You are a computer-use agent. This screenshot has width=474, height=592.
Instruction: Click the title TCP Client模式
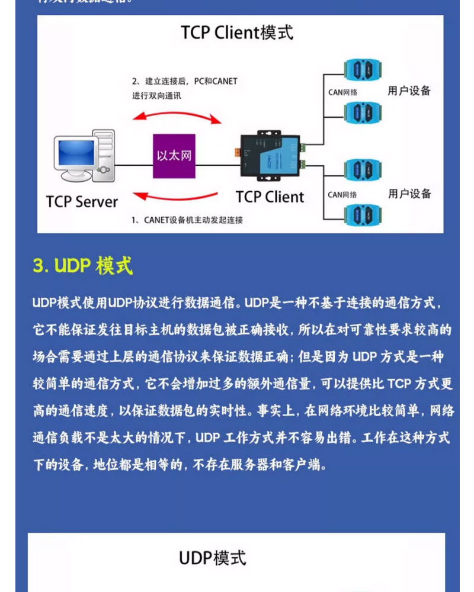tap(237, 32)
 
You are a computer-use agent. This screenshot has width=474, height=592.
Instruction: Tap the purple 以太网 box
tap(174, 156)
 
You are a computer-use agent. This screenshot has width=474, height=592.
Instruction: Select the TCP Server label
tap(82, 201)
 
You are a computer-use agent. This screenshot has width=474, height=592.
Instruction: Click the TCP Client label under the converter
tap(270, 197)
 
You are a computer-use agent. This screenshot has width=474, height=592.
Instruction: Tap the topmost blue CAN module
tap(362, 70)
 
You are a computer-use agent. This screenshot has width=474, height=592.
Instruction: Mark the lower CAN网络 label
tap(342, 194)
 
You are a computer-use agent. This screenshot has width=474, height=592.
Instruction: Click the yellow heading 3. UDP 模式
tap(83, 266)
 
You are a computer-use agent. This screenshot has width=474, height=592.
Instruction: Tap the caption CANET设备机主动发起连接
tap(187, 220)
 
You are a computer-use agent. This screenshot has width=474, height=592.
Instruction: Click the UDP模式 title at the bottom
tap(212, 558)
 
